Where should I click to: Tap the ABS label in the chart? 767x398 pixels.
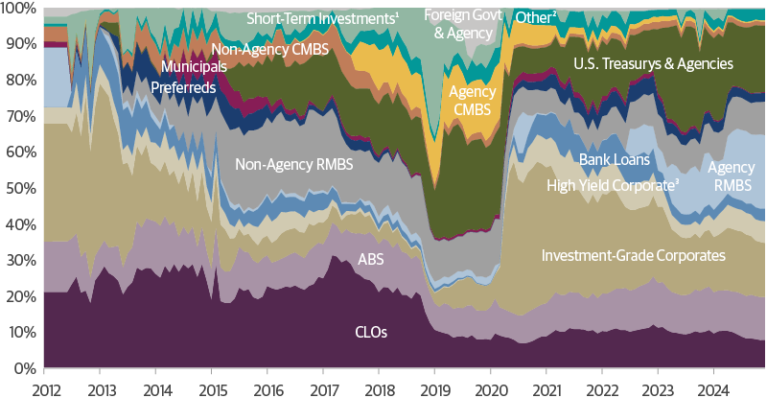point(371,259)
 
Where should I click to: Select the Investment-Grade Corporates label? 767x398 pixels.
point(633,255)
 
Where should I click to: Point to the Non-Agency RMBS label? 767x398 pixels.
point(294,165)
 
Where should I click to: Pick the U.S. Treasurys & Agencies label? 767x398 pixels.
point(653,64)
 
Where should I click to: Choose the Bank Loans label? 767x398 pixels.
point(615,159)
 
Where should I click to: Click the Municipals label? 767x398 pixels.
point(195,67)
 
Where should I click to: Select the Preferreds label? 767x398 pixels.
point(184,87)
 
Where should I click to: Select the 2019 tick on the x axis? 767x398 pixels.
point(434,387)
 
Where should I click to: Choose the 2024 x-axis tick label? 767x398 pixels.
point(712,387)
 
